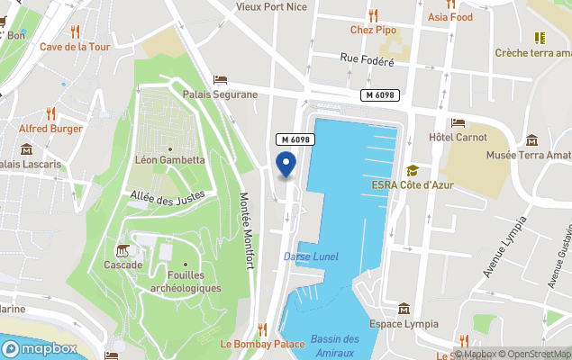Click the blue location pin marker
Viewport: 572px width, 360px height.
(x=286, y=165)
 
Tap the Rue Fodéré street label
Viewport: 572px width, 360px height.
(x=368, y=60)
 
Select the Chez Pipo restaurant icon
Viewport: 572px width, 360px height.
(x=374, y=14)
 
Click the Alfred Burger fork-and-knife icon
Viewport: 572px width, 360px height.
(x=51, y=113)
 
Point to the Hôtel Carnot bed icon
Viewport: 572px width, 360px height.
(x=458, y=123)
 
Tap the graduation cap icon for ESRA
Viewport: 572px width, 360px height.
(x=413, y=170)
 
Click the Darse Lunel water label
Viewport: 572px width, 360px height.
(x=311, y=256)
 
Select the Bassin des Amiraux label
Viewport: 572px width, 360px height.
(x=334, y=345)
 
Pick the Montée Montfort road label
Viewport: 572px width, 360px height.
(x=246, y=230)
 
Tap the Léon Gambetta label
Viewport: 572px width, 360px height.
(x=169, y=160)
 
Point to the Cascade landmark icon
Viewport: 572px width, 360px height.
(x=123, y=249)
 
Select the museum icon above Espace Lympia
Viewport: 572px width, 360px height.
(x=404, y=309)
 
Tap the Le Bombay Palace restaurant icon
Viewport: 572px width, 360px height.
(x=263, y=329)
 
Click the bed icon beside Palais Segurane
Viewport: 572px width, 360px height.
(x=220, y=79)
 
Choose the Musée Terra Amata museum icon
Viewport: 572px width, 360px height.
(x=531, y=140)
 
